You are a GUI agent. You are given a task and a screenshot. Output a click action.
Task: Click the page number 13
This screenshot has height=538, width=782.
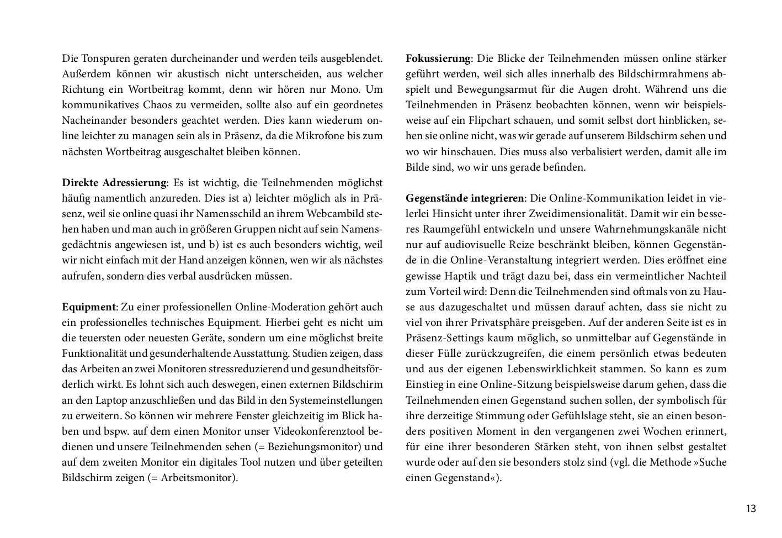[x=751, y=509]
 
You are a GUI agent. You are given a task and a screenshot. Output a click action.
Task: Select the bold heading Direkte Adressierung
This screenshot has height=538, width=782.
[x=114, y=183]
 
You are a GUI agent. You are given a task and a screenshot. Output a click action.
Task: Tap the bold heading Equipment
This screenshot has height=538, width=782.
[x=89, y=307]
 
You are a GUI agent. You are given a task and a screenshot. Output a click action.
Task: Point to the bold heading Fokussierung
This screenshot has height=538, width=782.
[x=438, y=59]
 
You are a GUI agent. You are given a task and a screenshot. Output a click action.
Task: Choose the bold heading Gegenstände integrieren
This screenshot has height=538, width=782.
[x=465, y=198]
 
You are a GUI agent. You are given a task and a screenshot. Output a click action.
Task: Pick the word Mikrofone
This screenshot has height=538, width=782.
[x=320, y=136]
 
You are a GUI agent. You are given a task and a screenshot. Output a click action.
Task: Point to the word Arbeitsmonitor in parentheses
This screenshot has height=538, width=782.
[x=198, y=478]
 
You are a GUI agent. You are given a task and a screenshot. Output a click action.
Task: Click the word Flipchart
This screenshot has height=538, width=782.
[x=491, y=120]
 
